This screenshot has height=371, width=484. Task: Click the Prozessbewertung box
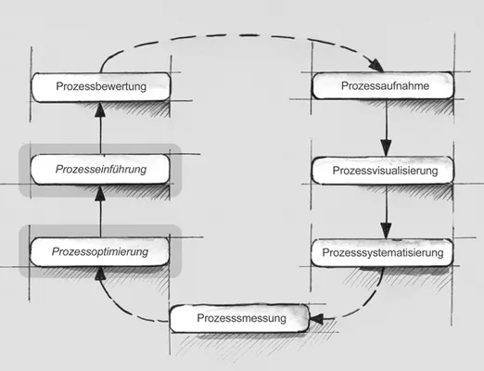[101, 87]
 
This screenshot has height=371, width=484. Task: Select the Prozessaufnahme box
[384, 87]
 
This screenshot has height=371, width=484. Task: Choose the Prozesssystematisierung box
[384, 251]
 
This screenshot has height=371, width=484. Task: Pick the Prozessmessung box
[238, 319]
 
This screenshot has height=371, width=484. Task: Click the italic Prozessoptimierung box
[101, 251]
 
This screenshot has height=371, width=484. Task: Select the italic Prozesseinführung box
[101, 170]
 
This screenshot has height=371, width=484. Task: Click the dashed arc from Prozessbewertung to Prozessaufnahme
[241, 35]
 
